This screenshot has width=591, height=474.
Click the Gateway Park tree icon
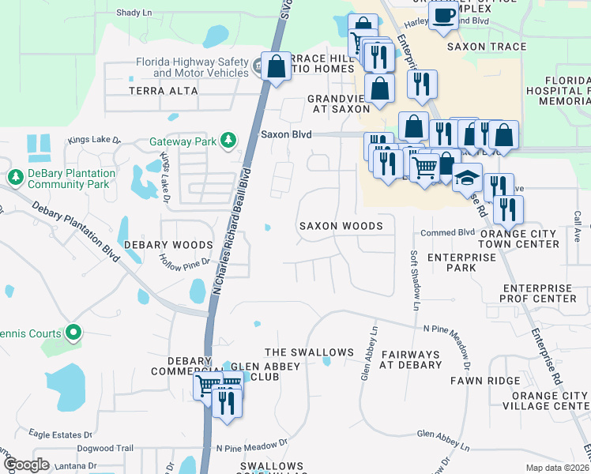(228, 140)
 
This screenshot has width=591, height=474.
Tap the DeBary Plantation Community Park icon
(15, 175)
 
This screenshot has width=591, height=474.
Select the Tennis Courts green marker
(73, 333)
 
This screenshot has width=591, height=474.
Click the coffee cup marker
(443, 15)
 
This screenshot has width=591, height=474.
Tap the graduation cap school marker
(467, 178)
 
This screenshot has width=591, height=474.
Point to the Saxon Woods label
(341, 226)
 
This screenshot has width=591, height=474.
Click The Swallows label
(309, 352)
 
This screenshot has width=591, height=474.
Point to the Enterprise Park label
(451, 262)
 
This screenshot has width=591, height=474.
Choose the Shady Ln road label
(134, 13)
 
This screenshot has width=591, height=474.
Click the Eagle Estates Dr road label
(61, 434)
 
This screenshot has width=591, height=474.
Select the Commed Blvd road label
(447, 232)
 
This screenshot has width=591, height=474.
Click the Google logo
(27, 464)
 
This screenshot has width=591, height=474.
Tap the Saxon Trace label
(486, 47)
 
